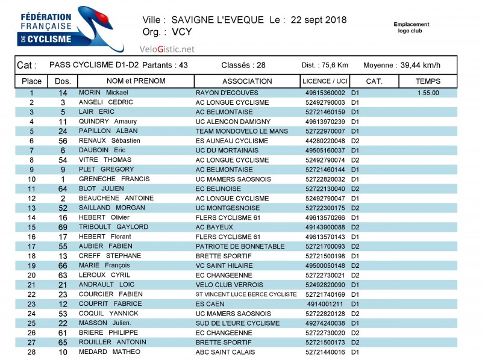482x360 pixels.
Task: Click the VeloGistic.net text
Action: pyautogui.click(x=167, y=49)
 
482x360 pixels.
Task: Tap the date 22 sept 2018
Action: pyautogui.click(x=318, y=20)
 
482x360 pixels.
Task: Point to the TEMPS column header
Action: pyautogui.click(x=428, y=81)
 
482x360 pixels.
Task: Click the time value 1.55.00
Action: pyautogui.click(x=428, y=93)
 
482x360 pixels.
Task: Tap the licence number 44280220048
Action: pyautogui.click(x=325, y=141)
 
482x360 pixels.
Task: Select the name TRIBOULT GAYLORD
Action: pyautogui.click(x=113, y=227)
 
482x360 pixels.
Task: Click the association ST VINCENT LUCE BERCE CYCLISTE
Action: pyautogui.click(x=246, y=294)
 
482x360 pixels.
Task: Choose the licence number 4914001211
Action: pyautogui.click(x=325, y=304)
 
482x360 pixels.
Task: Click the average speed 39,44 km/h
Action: pyautogui.click(x=420, y=66)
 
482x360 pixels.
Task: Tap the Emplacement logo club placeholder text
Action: pyautogui.click(x=412, y=27)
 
